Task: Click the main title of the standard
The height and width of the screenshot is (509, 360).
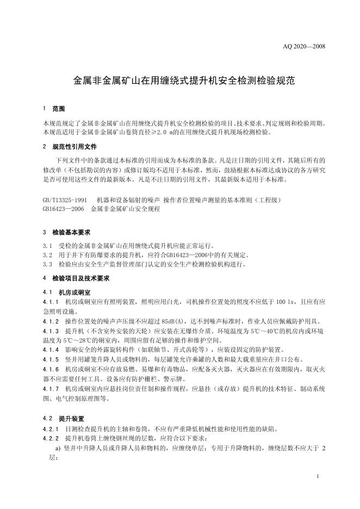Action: [184, 82]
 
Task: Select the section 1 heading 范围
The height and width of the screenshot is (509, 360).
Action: [58, 109]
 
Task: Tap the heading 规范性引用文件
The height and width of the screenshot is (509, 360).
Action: [75, 146]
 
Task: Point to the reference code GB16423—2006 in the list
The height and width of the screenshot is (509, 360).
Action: [63, 208]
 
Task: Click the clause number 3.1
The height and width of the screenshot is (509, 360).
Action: [47, 245]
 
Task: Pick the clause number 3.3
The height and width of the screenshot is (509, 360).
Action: [47, 264]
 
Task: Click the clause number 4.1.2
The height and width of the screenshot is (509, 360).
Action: [50, 321]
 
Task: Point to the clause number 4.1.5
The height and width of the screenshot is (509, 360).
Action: [50, 359]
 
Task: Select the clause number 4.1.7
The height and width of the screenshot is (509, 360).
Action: [50, 389]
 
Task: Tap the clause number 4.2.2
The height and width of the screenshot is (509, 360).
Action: [50, 438]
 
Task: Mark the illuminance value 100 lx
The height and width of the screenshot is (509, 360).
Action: [287, 301]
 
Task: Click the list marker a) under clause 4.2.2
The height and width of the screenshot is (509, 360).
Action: [59, 448]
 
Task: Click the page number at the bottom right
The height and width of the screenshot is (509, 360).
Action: [316, 477]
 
